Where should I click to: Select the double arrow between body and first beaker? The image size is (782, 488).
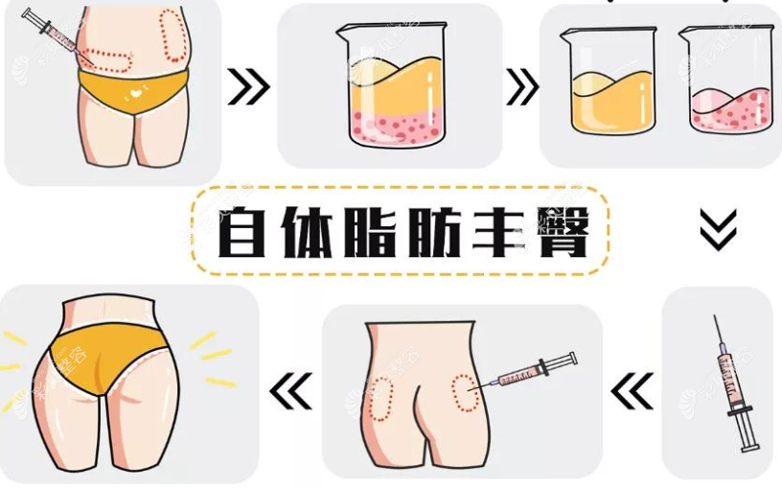click(249, 88)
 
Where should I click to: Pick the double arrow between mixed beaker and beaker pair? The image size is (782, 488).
click(522, 88)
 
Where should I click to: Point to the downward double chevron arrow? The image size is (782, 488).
click(718, 229)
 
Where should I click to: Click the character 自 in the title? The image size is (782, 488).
click(243, 233)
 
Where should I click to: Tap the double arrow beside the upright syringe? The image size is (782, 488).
click(632, 391)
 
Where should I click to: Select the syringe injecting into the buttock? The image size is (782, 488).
click(533, 370)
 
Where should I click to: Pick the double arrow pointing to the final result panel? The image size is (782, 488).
click(291, 391)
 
